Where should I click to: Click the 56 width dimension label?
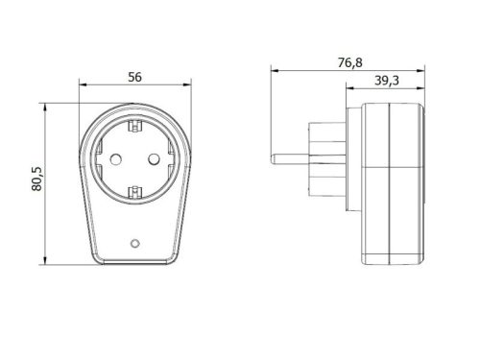point(134,77)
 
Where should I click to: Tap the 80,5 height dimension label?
point(36,179)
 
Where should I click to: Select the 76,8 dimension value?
point(350,62)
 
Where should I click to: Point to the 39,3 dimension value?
point(387,81)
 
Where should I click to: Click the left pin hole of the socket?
point(115,159)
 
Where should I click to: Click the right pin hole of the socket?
point(155,159)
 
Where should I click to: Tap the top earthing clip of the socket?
point(134,126)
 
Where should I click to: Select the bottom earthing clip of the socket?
point(134,193)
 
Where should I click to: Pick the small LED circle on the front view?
point(135,243)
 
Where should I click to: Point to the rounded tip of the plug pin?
point(273,159)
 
